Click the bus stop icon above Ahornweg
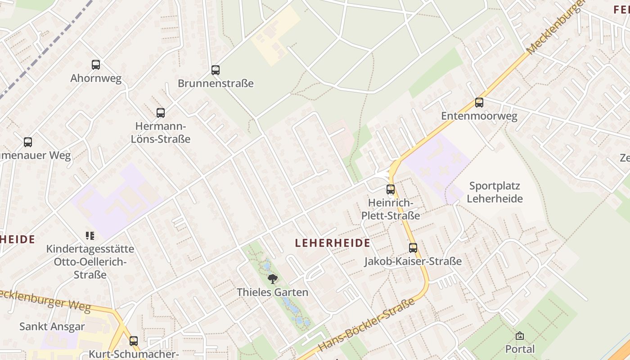click(x=96, y=65)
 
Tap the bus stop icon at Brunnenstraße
click(x=216, y=70)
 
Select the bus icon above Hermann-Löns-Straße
click(x=161, y=113)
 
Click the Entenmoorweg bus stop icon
click(x=479, y=103)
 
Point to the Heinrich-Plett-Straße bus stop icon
click(x=391, y=189)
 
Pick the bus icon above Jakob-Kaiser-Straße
click(x=413, y=247)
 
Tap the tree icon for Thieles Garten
click(x=272, y=279)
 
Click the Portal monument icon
click(x=520, y=336)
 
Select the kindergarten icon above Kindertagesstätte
click(x=90, y=235)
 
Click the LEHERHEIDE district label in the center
click(x=333, y=243)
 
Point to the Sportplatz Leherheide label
click(x=495, y=192)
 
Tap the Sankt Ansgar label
click(x=52, y=327)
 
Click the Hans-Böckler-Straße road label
click(x=367, y=325)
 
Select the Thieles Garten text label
click(x=273, y=292)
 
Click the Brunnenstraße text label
click(x=216, y=84)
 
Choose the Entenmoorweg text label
click(x=479, y=116)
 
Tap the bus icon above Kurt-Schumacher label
click(x=134, y=341)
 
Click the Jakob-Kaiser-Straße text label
click(x=413, y=261)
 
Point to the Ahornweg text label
click(x=96, y=78)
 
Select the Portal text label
click(x=520, y=349)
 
